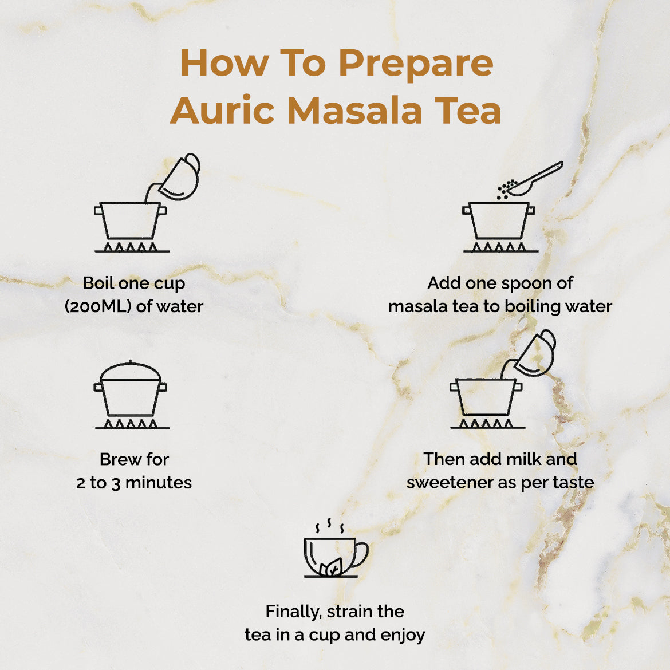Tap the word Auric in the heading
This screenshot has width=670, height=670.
222,111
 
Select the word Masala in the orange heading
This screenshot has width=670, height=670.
354,111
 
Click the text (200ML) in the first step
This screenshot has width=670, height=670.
98,306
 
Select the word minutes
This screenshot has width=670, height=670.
159,483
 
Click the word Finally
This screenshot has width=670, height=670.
293,612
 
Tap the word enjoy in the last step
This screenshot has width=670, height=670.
403,636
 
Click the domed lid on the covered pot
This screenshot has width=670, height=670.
131,371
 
